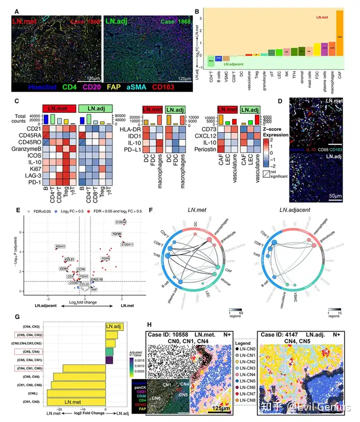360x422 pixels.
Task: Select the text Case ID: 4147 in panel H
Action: coord(280,334)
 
